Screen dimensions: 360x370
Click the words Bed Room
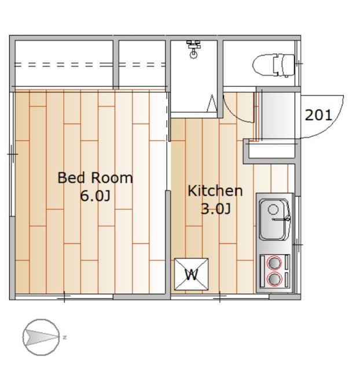coord(95,178)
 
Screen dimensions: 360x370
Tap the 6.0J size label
coord(95,196)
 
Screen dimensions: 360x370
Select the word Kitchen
coord(215,191)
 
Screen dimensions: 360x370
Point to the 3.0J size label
coord(215,209)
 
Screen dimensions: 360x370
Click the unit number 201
coord(318,115)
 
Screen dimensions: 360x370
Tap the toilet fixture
coord(274,65)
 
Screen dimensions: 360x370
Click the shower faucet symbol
coord(193,49)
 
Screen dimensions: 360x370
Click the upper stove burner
coord(274,262)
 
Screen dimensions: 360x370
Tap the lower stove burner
coord(274,279)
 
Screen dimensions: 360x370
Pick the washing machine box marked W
coord(192,274)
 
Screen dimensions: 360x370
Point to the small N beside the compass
coord(64,338)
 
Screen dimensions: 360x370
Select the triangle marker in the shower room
coord(212,103)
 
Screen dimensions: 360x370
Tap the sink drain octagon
coord(273,209)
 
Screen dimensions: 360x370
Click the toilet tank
coord(284,65)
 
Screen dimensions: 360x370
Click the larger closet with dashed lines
coord(64,64)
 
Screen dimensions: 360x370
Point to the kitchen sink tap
coord(281,220)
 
